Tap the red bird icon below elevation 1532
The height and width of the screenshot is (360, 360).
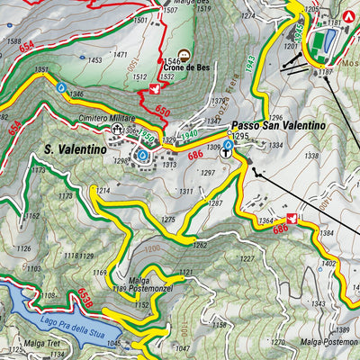click(x=156, y=90)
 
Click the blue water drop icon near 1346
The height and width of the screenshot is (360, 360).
click(x=61, y=88)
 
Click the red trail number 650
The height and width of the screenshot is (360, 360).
click(x=162, y=110)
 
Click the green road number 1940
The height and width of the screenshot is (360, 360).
click(x=189, y=134)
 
